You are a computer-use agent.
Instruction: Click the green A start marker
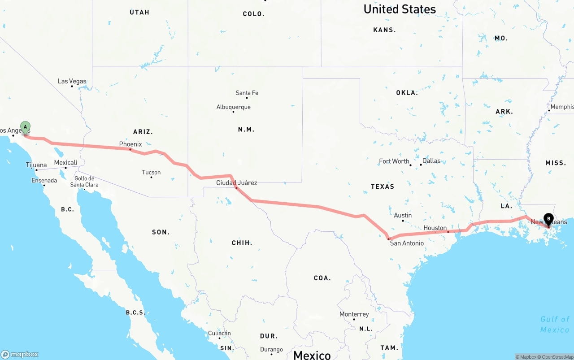coord(26,127)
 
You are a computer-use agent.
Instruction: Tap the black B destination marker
coord(548,219)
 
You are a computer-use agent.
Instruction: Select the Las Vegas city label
coord(72,81)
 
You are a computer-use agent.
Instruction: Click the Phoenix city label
coord(130,144)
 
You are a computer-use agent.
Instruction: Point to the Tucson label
coord(151,172)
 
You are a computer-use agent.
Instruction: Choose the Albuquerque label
coord(233,107)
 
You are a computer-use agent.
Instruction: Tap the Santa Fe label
coord(247,93)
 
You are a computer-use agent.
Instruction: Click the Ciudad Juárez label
coord(236,182)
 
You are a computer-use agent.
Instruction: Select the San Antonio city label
coord(406,243)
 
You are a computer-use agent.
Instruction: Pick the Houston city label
coord(435,228)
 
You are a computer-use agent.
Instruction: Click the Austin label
coord(403,215)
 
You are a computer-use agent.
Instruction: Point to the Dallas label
coord(431,160)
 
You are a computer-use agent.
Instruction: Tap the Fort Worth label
coord(394,161)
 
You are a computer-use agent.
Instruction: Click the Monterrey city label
coord(354,314)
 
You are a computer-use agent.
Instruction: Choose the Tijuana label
coord(36,165)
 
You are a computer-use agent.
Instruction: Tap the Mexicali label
coord(65,162)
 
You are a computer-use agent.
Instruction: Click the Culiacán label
coord(219,333)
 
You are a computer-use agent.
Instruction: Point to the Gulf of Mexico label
coord(554,324)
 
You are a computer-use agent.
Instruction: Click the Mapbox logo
coord(20,354)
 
